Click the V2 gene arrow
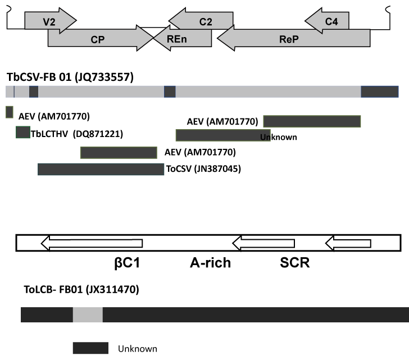[51, 21]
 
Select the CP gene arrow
[101, 38]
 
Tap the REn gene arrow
[183, 38]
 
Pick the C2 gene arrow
[201, 21]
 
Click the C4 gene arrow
[327, 21]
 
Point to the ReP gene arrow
[293, 38]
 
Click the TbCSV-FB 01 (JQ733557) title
[70, 77]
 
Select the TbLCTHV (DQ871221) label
[77, 134]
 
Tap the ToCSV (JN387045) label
[203, 169]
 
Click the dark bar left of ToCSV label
[101, 170]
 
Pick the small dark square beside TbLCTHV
[23, 132]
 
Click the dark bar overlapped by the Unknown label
[223, 135]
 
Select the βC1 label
[127, 262]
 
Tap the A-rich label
[210, 262]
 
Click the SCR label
[295, 262]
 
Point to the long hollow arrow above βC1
[92, 243]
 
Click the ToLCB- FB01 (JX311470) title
[81, 289]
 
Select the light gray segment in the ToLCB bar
[88, 315]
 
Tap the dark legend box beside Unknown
[90, 348]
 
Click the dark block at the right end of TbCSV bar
[380, 92]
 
